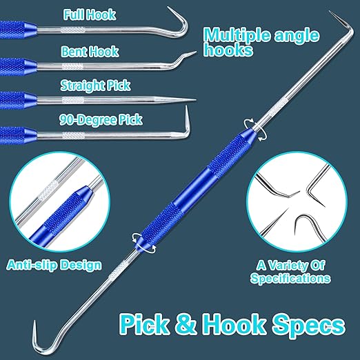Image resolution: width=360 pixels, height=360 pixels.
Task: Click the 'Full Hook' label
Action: click(90, 14)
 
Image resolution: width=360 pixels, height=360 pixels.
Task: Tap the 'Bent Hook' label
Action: click(90, 51)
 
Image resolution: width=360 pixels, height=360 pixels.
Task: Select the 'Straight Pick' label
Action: click(95, 86)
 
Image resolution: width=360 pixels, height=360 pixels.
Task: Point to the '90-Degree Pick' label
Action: click(101, 120)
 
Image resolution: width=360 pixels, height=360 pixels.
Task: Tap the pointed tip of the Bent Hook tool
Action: click(195, 52)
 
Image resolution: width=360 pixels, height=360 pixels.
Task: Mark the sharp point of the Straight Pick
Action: click(195, 100)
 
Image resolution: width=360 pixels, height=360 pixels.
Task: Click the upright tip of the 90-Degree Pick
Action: click(186, 107)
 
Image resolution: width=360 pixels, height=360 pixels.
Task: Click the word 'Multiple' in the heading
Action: click(237, 35)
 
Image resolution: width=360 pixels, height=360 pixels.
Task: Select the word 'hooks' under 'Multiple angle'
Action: click(228, 50)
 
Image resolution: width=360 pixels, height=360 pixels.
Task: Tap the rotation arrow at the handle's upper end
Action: click(256, 130)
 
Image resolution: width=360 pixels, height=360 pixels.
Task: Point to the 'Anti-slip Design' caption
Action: click(54, 265)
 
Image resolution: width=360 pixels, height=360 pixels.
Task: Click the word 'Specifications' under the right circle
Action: click(290, 278)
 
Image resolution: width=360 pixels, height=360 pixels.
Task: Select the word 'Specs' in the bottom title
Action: click(309, 325)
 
